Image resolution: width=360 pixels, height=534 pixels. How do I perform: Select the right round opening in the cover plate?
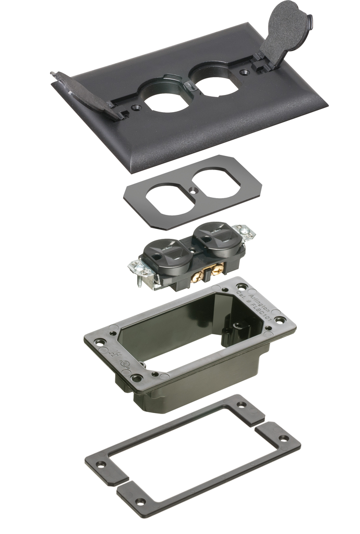(213, 79)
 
